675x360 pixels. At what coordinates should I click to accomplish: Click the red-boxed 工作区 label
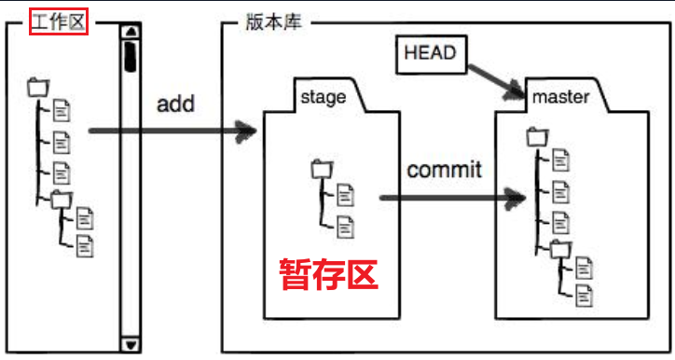point(59,21)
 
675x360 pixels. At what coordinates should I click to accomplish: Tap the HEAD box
point(430,53)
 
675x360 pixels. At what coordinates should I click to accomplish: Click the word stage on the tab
point(324,96)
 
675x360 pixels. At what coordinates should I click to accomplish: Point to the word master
point(560,96)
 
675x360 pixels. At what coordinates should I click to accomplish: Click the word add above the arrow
point(175,103)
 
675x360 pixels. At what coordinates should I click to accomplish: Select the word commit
point(445,170)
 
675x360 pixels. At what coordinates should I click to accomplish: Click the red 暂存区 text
point(329,274)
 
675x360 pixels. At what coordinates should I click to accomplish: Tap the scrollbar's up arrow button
point(130,35)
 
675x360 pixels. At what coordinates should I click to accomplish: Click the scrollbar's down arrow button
point(130,345)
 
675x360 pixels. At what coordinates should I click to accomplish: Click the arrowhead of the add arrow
point(248,132)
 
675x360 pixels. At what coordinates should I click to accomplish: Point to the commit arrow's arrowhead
point(513,198)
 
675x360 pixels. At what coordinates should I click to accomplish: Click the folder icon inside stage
point(321,169)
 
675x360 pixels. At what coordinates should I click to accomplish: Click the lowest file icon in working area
point(85,246)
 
